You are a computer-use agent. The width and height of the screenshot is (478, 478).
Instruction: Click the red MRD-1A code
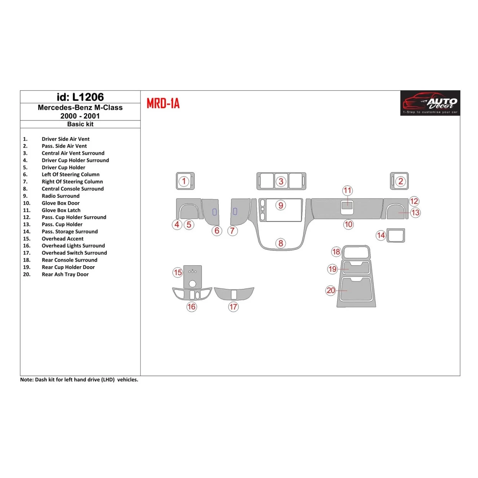click(163, 104)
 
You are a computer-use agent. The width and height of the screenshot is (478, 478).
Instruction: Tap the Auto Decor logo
click(430, 103)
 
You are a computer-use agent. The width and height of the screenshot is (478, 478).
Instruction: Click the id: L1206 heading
click(80, 97)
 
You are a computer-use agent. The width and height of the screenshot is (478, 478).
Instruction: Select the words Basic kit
click(80, 124)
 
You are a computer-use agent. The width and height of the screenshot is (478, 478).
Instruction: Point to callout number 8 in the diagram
click(281, 243)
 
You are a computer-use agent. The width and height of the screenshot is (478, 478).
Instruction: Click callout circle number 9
click(281, 205)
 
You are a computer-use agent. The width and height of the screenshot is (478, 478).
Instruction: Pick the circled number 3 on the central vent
click(281, 181)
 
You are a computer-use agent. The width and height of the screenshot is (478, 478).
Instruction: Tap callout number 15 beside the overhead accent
click(178, 272)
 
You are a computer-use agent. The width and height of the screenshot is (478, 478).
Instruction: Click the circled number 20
click(331, 291)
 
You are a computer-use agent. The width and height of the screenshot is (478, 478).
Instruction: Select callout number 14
click(381, 235)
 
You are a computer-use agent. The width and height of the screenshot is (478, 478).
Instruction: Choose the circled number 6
click(217, 231)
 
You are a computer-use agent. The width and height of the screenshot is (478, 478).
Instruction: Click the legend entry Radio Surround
click(60, 196)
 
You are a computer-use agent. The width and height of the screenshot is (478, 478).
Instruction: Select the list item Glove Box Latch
click(61, 210)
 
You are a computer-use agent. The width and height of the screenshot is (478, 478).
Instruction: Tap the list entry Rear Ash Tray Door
click(65, 274)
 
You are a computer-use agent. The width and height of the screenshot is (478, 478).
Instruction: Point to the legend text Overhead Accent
click(62, 239)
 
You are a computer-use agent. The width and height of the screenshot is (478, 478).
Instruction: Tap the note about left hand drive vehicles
click(79, 380)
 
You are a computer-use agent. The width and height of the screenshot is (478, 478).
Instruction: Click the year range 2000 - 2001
click(80, 116)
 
